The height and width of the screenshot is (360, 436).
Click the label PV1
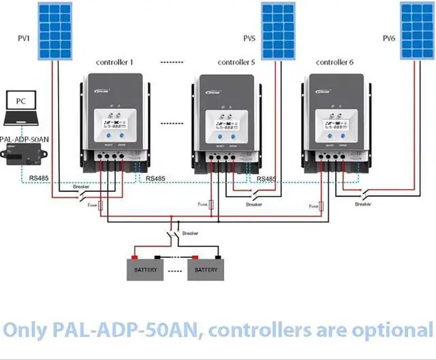24,38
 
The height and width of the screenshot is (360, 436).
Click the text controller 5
236,62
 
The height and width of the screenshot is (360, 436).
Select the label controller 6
334,62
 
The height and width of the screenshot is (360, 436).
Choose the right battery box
206,269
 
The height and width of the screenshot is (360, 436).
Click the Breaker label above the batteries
190,233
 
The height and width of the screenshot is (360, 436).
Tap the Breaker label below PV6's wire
363,204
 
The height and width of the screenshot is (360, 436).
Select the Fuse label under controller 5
202,204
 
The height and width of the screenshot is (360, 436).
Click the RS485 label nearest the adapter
40,178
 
